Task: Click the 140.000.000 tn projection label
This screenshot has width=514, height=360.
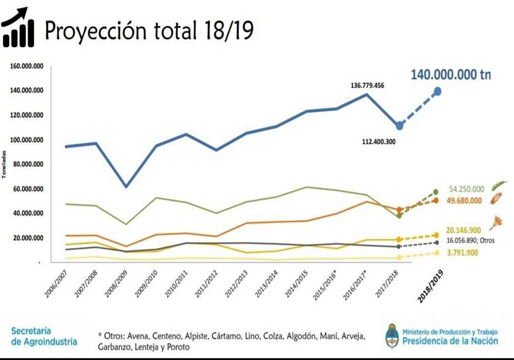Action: coord(450,75)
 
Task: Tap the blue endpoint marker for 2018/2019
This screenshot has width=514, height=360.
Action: coord(437,91)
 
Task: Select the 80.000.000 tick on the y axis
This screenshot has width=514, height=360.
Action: coord(27,165)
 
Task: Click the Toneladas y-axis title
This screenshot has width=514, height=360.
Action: coord(4,165)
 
